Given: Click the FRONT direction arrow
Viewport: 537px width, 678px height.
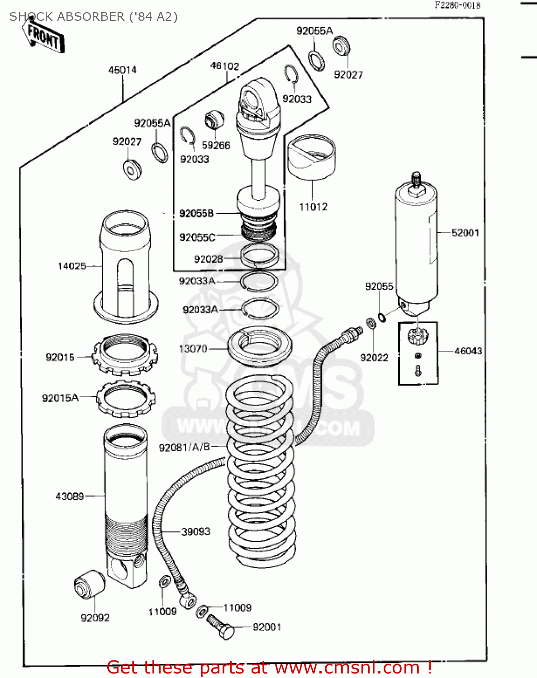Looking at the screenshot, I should click(43, 36).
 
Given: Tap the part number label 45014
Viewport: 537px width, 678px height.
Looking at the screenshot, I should click(122, 70).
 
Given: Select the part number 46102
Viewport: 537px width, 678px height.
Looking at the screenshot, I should click(224, 66).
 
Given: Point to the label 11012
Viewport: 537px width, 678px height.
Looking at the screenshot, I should click(313, 207).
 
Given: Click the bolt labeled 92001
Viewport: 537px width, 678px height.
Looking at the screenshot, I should click(221, 626).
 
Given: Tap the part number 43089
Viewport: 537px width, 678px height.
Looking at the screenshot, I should click(70, 496).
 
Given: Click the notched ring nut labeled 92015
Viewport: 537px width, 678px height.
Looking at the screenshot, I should click(125, 354).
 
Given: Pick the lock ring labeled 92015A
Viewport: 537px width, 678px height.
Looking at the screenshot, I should click(126, 398).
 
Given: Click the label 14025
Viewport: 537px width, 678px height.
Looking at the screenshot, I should click(72, 266).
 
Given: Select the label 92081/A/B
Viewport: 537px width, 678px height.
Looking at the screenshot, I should click(184, 447).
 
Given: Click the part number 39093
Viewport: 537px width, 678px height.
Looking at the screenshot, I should click(196, 532).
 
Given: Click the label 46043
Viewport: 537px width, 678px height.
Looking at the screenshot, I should click(468, 351).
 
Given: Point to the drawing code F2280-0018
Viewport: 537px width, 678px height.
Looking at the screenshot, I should click(457, 5).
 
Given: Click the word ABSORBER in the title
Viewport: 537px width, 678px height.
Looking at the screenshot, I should click(95, 17).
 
